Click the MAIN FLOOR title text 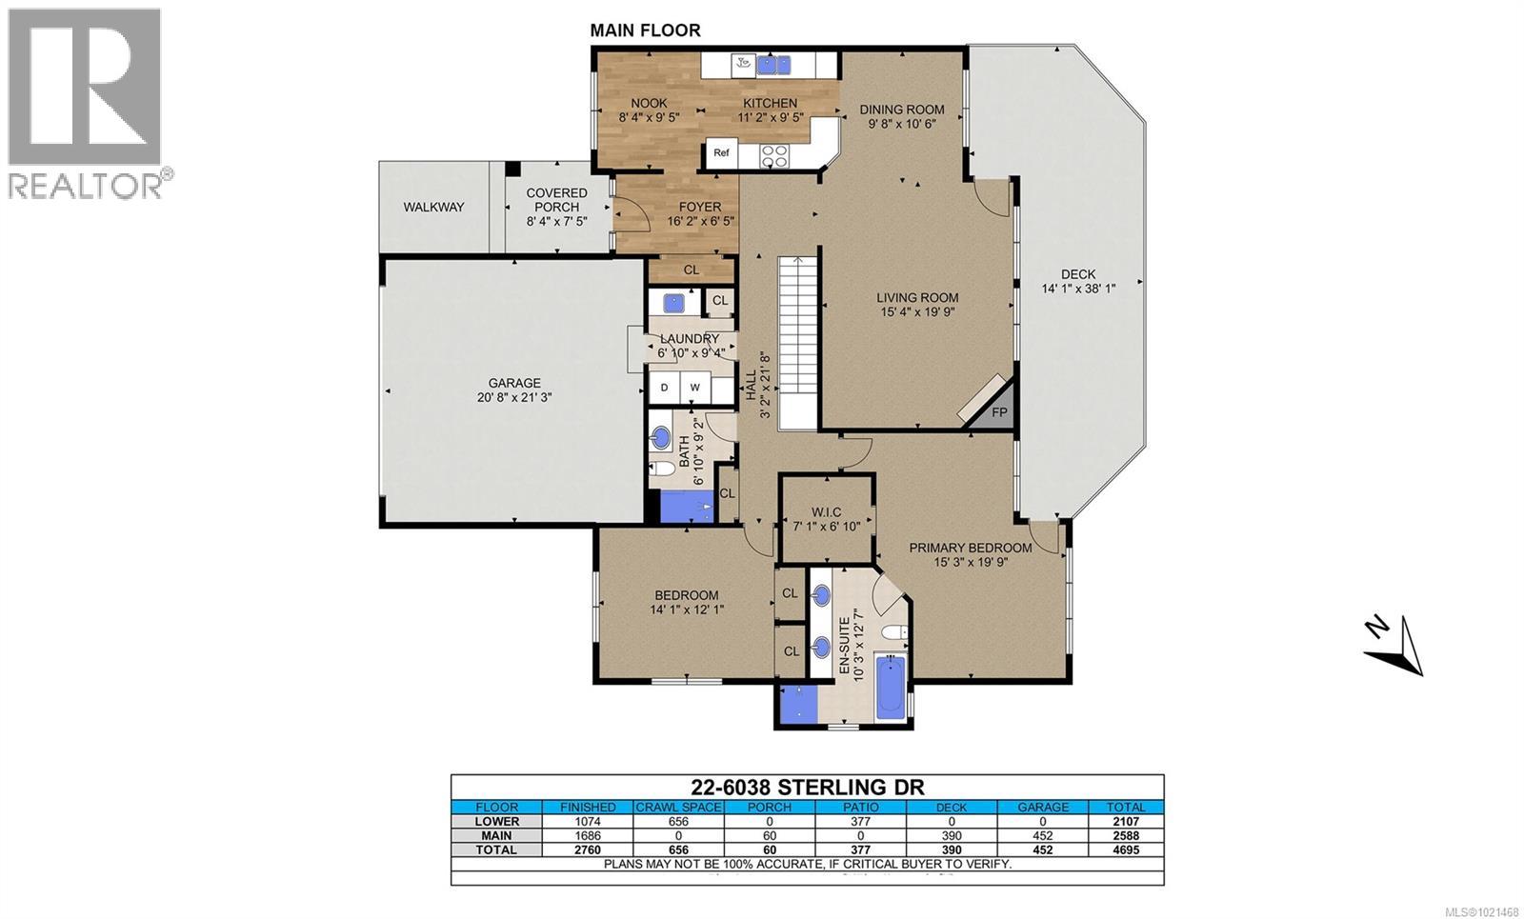tap(645, 30)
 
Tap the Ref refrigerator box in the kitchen tap(721, 152)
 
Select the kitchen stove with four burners tap(774, 154)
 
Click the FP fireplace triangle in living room tap(998, 410)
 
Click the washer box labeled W tap(695, 387)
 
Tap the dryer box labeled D tap(665, 387)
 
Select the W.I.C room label tap(826, 512)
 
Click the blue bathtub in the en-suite tap(891, 686)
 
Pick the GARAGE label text tap(514, 383)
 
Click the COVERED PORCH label tap(557, 199)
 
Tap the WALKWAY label tap(433, 207)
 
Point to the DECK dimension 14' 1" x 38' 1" tap(1078, 289)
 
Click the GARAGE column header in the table tap(1043, 807)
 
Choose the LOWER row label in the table tap(496, 821)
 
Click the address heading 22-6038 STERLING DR tap(806, 787)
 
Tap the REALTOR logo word tap(86, 184)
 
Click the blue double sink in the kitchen tap(773, 65)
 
